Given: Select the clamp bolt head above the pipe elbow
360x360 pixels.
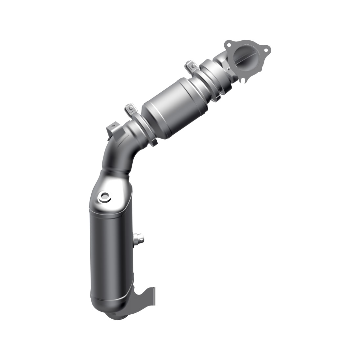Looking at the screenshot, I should pyautogui.click(x=130, y=107).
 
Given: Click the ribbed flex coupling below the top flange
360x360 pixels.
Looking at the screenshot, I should pyautogui.click(x=217, y=77).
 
